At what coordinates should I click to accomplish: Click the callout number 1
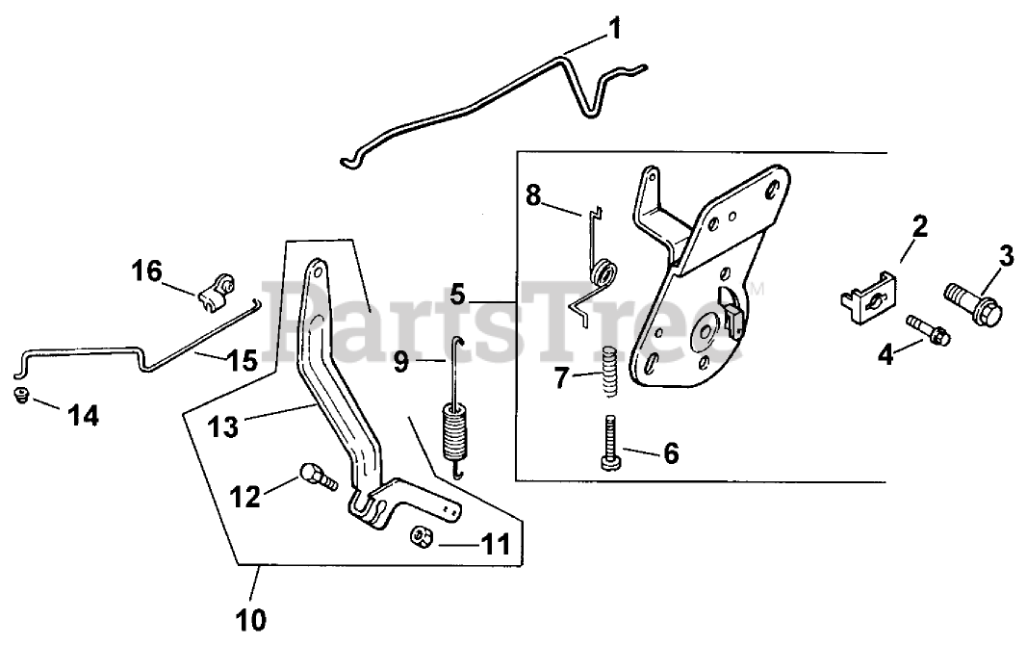click(614, 29)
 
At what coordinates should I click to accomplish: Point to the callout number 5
click(459, 293)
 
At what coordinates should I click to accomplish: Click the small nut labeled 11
click(420, 534)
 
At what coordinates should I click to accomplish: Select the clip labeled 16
click(217, 290)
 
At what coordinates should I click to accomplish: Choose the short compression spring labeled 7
click(607, 371)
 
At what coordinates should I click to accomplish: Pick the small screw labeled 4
click(926, 329)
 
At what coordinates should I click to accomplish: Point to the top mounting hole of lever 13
click(313, 272)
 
